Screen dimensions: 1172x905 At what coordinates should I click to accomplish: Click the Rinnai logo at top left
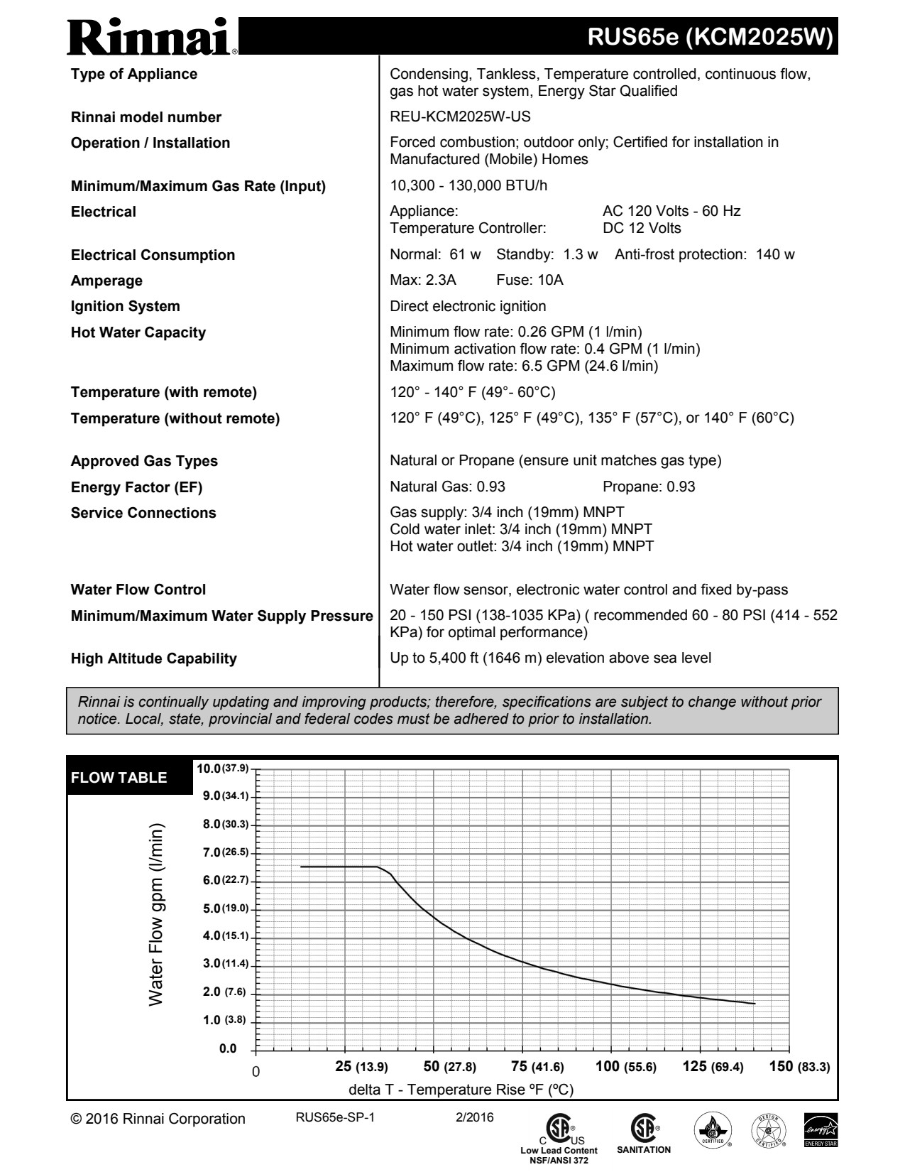[153, 36]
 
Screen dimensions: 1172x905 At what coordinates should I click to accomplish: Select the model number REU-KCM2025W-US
[460, 117]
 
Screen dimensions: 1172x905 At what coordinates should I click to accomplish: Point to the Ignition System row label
[126, 306]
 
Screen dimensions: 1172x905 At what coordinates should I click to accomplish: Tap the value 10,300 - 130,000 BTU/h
[468, 186]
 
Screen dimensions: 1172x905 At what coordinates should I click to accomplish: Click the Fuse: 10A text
[530, 280]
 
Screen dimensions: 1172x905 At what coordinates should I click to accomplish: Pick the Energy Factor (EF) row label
[136, 487]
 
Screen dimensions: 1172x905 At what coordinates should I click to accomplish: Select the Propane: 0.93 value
[649, 487]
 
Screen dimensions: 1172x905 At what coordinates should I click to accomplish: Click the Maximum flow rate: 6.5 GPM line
[524, 366]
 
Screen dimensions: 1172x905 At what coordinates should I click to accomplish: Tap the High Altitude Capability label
[153, 658]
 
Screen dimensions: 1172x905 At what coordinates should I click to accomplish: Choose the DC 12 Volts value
[642, 228]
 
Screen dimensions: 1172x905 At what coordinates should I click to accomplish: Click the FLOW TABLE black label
[119, 777]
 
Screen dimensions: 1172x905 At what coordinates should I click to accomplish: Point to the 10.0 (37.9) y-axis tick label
[223, 769]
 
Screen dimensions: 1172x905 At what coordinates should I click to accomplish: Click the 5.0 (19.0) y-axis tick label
[226, 908]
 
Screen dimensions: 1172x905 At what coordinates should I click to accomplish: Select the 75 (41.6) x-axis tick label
[537, 1066]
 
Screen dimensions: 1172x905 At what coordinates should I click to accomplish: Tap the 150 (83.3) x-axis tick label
[799, 1066]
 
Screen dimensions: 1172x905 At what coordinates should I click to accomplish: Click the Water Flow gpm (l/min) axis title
[156, 914]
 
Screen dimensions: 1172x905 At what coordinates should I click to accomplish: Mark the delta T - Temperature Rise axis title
[461, 1090]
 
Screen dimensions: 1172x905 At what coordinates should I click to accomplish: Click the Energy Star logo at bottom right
[821, 1129]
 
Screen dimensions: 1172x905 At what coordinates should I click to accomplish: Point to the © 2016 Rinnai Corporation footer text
[158, 1119]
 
